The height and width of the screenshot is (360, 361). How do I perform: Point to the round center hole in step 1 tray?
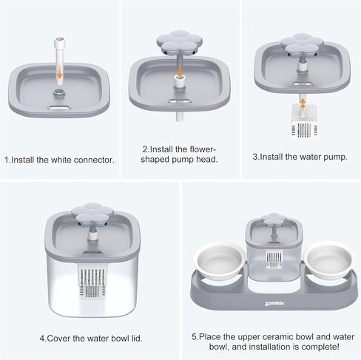tap(59, 93)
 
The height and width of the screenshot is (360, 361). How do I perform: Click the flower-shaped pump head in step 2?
tap(179, 43)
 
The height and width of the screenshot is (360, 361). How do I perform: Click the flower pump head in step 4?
tap(92, 214)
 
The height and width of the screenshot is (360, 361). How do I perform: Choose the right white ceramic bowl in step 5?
tap(328, 259)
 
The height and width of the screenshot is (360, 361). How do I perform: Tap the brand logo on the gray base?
tap(274, 304)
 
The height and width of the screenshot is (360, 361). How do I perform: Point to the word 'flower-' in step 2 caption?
tap(203, 149)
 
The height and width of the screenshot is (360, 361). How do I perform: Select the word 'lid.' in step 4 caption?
tap(136, 339)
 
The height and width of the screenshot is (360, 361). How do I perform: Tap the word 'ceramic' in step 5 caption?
tap(277, 337)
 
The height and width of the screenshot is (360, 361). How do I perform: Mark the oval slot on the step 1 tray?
tap(59, 107)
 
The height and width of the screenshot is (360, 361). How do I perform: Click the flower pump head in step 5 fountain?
tap(274, 219)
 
